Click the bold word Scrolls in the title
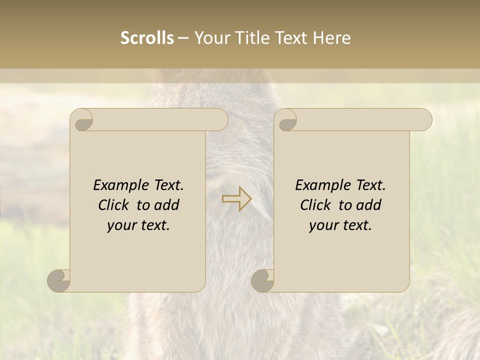click(147, 38)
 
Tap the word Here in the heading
click(332, 38)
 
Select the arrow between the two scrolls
click(237, 198)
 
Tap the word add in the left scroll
click(167, 205)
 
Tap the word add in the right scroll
click(369, 205)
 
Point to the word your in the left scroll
click(122, 225)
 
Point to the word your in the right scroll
click(324, 225)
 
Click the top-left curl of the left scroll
click(82, 121)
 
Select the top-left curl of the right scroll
click(287, 121)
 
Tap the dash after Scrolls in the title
click(183, 38)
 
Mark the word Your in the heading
click(210, 38)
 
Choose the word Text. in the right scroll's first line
click(367, 185)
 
